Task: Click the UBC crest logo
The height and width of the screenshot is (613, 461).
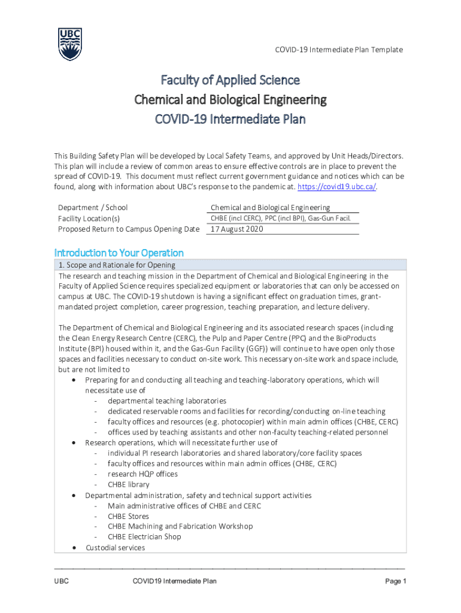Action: click(69, 44)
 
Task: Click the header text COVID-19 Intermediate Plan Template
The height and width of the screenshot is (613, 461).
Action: click(338, 50)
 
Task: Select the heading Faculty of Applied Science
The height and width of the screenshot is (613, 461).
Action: click(230, 80)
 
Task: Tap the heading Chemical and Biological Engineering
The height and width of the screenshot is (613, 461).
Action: click(230, 99)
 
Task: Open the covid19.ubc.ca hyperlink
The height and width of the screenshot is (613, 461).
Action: click(338, 187)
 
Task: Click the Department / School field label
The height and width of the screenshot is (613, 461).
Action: click(93, 208)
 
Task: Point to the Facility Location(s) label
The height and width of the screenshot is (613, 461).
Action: click(89, 219)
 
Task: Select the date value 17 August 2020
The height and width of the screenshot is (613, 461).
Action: click(236, 229)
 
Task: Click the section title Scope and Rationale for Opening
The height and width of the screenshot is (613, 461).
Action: click(117, 265)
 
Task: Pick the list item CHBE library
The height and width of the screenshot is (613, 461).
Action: click(129, 484)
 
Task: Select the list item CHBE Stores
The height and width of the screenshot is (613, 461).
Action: click(128, 516)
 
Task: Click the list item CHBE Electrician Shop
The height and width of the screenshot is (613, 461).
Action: click(144, 536)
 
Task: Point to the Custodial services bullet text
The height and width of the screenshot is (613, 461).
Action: click(115, 547)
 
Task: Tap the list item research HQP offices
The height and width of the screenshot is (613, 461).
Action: click(142, 474)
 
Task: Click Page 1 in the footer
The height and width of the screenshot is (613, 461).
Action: click(396, 581)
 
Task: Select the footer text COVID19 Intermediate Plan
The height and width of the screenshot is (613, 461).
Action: click(174, 581)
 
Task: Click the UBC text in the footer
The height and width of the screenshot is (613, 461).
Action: click(62, 581)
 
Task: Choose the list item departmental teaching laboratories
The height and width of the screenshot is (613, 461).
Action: click(167, 400)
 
